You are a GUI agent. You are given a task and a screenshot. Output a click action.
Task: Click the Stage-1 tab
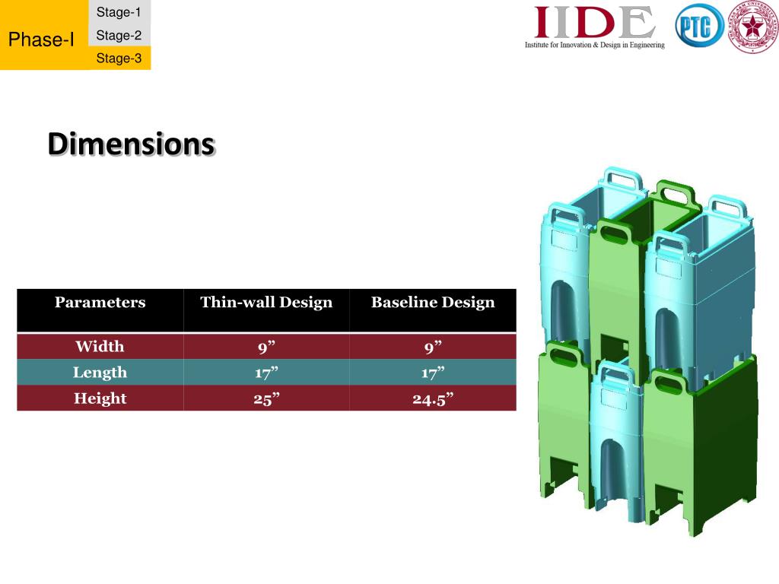click(119, 12)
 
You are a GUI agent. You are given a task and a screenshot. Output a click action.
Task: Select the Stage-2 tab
click(119, 35)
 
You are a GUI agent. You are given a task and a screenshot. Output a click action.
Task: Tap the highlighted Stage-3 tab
click(119, 58)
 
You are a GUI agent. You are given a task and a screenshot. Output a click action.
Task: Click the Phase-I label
click(41, 40)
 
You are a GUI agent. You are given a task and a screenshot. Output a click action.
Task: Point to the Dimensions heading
click(131, 144)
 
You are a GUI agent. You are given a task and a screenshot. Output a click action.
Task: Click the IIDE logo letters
click(594, 23)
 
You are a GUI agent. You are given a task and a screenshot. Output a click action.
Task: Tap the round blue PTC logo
click(698, 27)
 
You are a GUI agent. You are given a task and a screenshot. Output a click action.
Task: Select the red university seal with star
click(752, 28)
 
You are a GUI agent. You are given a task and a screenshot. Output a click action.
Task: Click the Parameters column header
click(100, 303)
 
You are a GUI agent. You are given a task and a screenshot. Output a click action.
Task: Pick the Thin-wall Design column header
click(266, 303)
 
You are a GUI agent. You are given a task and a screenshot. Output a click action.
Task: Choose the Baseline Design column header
click(433, 303)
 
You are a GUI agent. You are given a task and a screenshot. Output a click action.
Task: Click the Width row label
click(100, 347)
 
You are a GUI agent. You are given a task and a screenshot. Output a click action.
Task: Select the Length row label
click(100, 373)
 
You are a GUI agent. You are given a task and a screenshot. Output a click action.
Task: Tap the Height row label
click(100, 398)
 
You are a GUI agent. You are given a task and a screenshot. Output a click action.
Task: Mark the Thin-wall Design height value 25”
click(265, 399)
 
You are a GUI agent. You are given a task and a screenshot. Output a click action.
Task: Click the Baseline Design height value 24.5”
click(433, 399)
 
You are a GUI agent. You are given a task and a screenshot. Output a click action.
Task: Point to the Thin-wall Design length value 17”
click(265, 373)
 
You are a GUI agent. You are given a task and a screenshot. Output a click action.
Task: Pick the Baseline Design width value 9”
click(433, 348)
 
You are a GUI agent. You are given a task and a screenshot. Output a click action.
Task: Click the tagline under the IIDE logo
click(594, 46)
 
